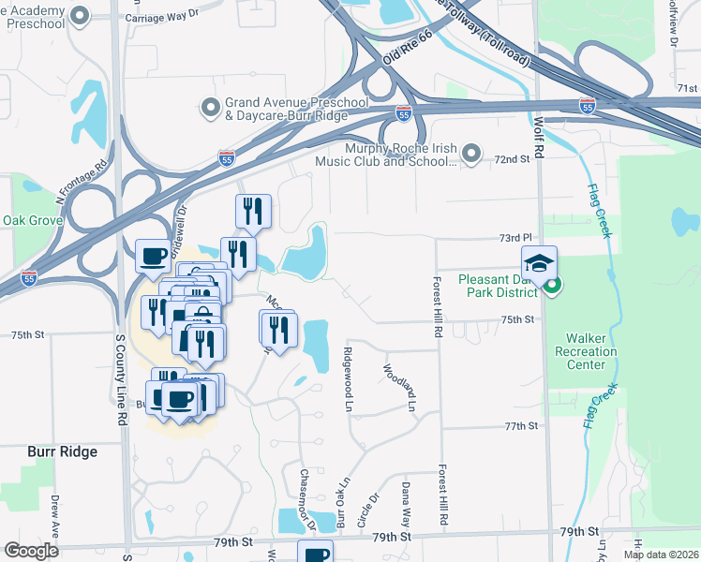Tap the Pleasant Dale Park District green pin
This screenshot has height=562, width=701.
pyautogui.click(x=553, y=287)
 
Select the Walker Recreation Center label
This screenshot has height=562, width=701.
pyautogui.click(x=591, y=351)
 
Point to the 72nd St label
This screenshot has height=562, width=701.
pyautogui.click(x=513, y=160)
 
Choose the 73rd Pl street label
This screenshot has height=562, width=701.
pyautogui.click(x=515, y=238)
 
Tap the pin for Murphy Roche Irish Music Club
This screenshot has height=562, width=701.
pyautogui.click(x=471, y=152)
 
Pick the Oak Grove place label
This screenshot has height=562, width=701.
pyautogui.click(x=32, y=221)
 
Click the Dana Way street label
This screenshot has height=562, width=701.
pyautogui.click(x=407, y=504)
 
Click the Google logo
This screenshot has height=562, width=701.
pyautogui.click(x=31, y=551)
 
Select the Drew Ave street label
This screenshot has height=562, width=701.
pyautogui.click(x=55, y=515)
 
